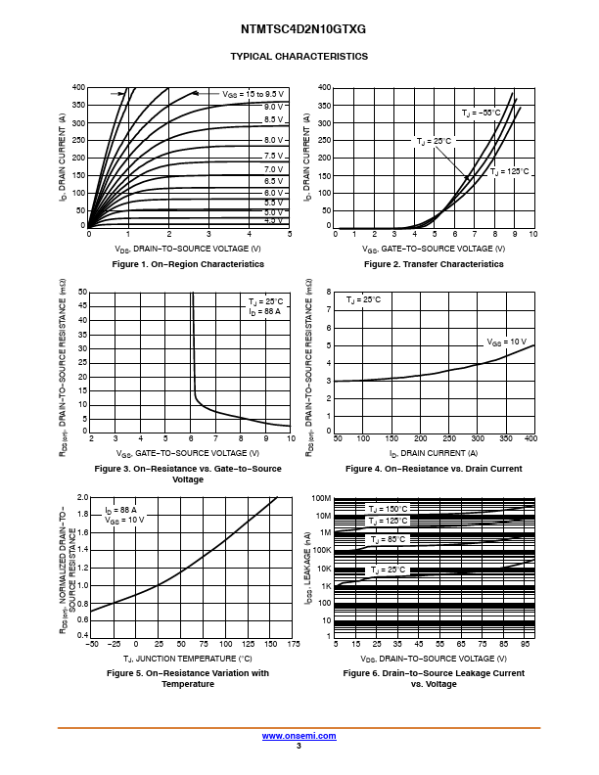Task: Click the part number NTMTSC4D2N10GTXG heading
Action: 299,29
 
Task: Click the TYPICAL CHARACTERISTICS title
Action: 299,57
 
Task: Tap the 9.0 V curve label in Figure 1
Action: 273,107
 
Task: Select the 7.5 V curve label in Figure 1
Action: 273,156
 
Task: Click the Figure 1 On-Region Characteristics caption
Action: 188,264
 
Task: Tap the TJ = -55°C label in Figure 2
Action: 482,114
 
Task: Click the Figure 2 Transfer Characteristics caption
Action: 434,264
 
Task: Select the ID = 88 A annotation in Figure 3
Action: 264,311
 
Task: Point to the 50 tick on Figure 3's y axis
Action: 83,292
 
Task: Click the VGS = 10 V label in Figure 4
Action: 507,342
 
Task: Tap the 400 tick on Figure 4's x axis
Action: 530,439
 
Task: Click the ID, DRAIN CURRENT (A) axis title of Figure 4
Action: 434,453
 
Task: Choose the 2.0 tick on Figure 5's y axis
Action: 81,497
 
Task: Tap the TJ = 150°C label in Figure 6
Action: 388,509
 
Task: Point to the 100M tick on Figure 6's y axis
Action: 322,498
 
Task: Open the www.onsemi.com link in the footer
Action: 299,736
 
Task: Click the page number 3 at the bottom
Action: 299,747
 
